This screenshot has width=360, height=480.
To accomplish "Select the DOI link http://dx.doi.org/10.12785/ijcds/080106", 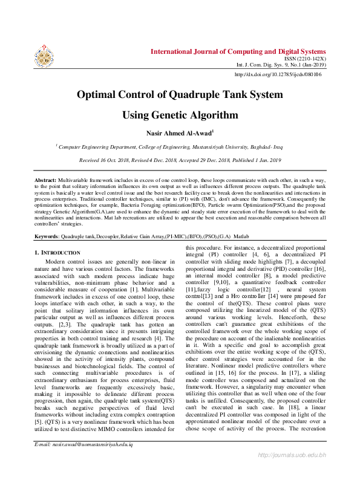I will pyautogui.click(x=278, y=74).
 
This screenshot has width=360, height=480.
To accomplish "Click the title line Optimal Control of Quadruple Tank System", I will pyautogui.click(x=179, y=94).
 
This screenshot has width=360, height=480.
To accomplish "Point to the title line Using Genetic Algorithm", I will pyautogui.click(x=179, y=115).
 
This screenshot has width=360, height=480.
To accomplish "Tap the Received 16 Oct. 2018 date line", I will pyautogui.click(x=179, y=160).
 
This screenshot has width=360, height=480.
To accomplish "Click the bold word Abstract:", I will pyautogui.click(x=45, y=181).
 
